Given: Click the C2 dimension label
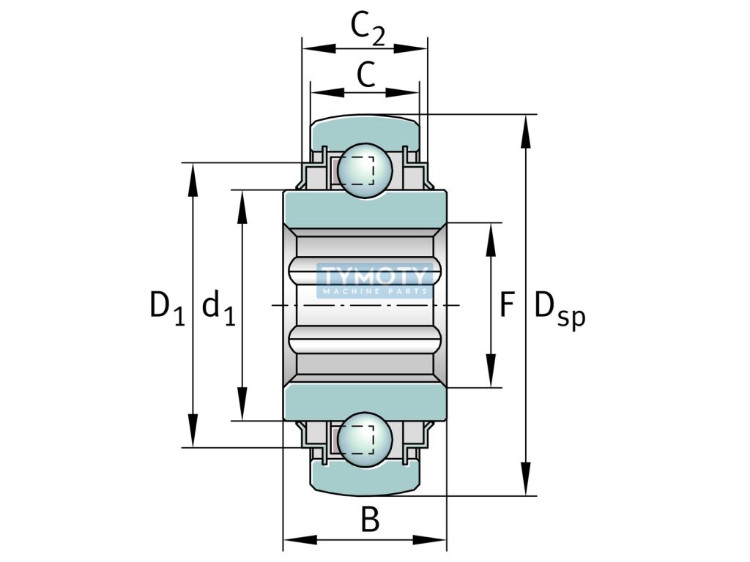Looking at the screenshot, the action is [x=368, y=29].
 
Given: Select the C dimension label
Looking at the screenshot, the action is [x=366, y=75].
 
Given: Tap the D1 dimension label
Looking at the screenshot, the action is [x=167, y=308].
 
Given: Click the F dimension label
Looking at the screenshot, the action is [x=507, y=305].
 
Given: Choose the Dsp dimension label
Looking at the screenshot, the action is [x=560, y=310].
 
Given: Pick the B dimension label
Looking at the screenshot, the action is [x=370, y=520].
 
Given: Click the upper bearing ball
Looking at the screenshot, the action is [x=365, y=171].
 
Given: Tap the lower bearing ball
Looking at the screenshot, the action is [x=365, y=440].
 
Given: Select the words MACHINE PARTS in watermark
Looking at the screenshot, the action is [x=375, y=291].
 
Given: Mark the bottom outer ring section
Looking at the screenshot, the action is [x=365, y=479].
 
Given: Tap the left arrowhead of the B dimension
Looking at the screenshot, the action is [x=300, y=541].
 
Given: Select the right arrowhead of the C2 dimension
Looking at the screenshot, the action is [x=410, y=48].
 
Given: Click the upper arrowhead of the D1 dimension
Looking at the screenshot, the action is [x=193, y=180].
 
